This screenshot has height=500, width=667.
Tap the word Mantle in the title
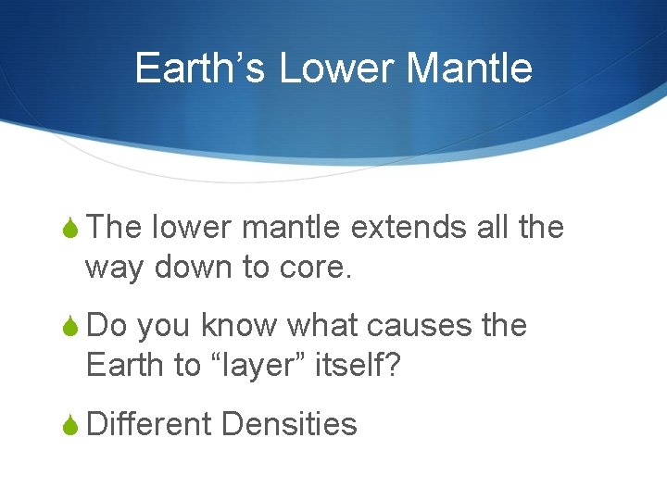(470, 69)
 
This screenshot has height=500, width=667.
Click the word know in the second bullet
(240, 326)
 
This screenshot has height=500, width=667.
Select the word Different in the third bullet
(149, 424)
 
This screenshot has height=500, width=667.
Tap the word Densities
(289, 424)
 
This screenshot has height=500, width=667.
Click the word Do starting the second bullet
(106, 326)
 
